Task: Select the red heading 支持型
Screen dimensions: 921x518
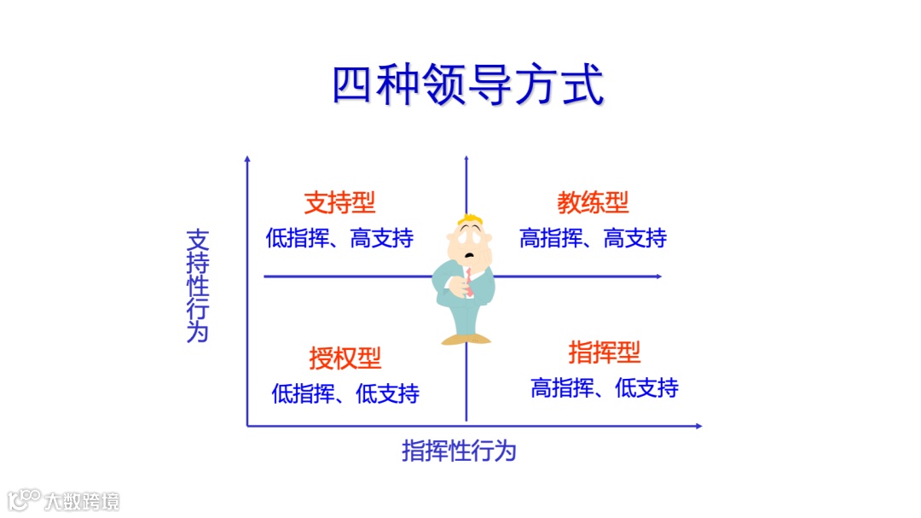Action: (339, 203)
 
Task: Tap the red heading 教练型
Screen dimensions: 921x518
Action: (593, 203)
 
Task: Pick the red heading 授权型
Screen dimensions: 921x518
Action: (345, 358)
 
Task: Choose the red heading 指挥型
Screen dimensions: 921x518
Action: (604, 352)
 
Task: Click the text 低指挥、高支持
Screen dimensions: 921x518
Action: (339, 239)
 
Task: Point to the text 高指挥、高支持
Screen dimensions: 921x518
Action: (593, 239)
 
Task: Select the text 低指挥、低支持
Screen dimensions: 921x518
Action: (345, 393)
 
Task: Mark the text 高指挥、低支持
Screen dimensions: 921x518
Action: (605, 388)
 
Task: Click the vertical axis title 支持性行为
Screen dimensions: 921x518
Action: (197, 286)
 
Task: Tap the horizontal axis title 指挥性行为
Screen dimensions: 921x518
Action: (459, 451)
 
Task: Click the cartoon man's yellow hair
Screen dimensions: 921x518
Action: (468, 221)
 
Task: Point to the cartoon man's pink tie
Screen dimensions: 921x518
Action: (468, 282)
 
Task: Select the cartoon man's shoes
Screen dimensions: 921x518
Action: (466, 339)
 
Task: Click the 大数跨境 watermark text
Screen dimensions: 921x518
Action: (83, 501)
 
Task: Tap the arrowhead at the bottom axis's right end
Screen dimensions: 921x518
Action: (698, 425)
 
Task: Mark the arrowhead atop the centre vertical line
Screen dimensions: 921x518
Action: (466, 159)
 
